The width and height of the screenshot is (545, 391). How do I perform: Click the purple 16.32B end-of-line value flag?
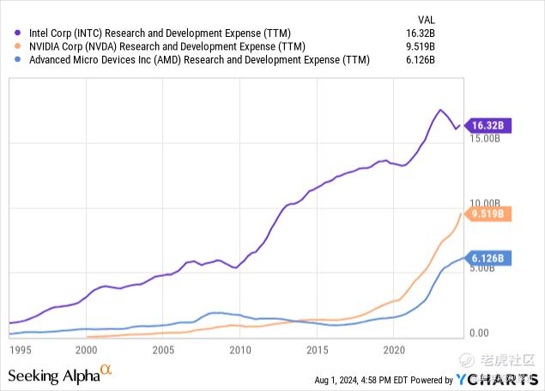[487, 125]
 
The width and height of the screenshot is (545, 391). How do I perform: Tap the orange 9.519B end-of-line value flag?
[487, 214]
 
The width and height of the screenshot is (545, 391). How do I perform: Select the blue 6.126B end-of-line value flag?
[487, 257]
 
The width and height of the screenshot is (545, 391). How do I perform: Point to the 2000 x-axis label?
[86, 350]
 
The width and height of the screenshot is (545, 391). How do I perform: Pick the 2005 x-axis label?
[163, 350]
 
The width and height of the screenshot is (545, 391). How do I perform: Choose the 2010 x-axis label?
[239, 350]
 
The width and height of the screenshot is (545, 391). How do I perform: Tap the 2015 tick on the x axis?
[317, 350]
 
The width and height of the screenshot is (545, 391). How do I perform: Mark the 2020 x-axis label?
[394, 350]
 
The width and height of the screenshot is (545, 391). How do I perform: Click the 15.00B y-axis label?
[485, 137]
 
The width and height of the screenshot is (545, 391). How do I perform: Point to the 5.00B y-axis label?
[485, 268]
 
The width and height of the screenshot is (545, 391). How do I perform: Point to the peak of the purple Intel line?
[440, 110]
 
